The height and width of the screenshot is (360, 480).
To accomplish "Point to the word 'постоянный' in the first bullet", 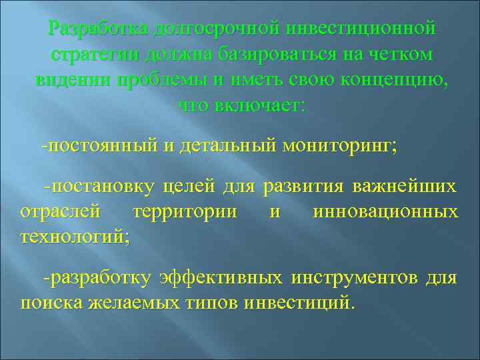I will tap(101, 145).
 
